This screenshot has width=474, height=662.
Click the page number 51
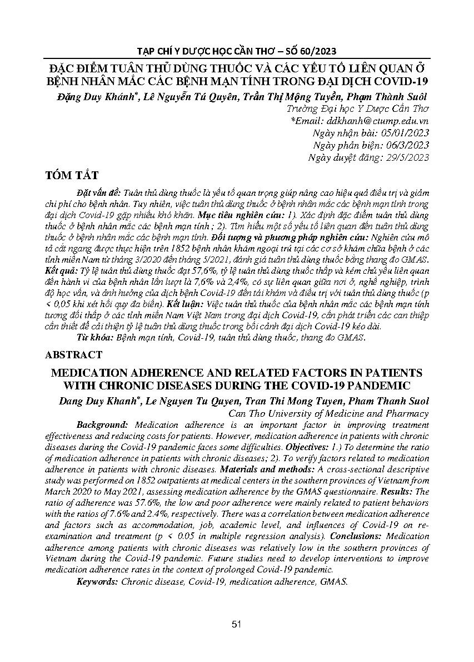coord(237,624)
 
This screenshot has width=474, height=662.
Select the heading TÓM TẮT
coord(72,176)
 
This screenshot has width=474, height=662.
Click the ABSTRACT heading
coord(74,354)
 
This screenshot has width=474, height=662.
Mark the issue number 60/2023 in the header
coord(317,51)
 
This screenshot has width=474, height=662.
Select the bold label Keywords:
coord(97,581)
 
